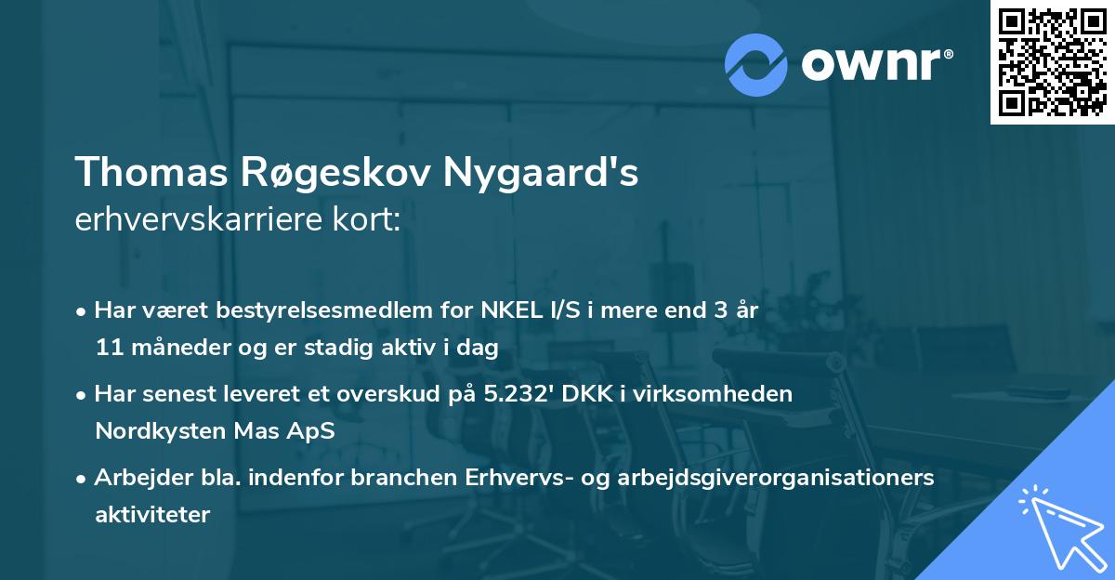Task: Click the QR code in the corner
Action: [1052, 62]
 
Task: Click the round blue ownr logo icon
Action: [756, 64]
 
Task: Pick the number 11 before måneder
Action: [107, 349]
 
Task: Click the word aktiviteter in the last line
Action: [152, 514]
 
